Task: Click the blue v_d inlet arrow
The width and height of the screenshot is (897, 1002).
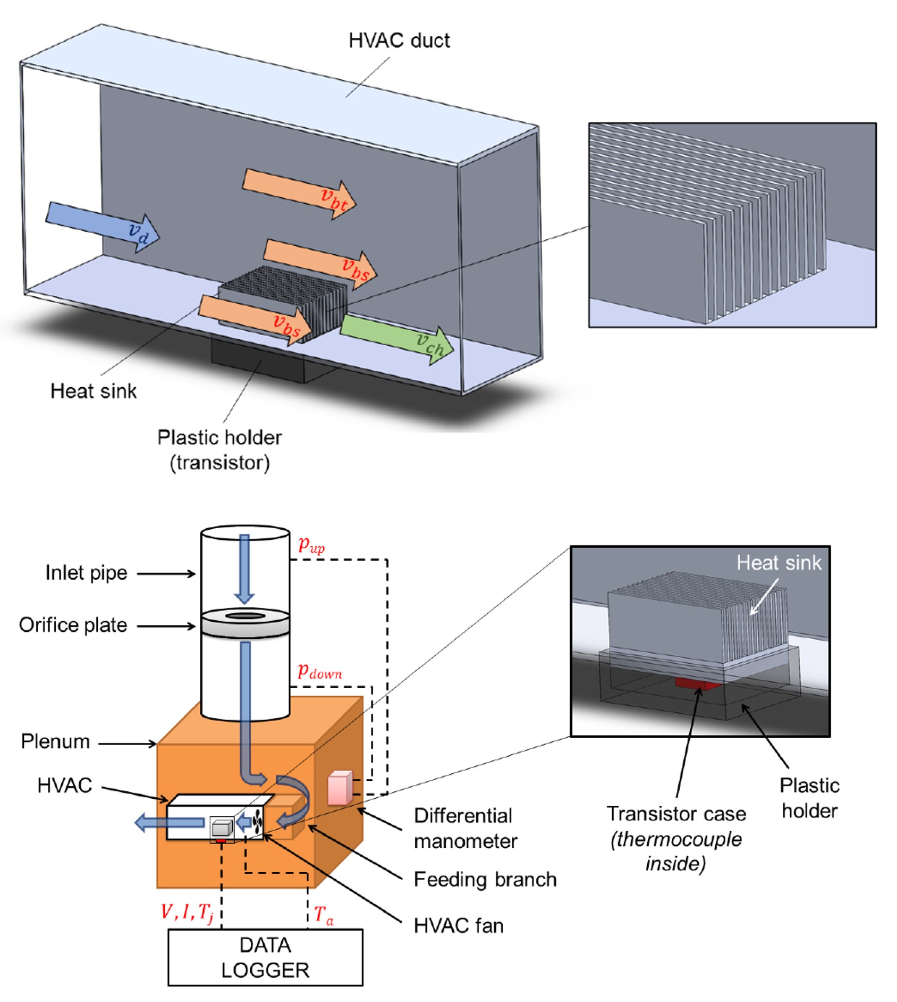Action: coord(101,226)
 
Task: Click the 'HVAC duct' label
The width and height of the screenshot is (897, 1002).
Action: coord(399,40)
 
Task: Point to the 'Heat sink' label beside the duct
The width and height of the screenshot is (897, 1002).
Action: coord(94,391)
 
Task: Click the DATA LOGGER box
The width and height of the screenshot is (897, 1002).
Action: coord(265,957)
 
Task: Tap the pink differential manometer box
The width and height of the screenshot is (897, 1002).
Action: coord(340,787)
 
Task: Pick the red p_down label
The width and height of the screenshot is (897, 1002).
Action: coord(319,671)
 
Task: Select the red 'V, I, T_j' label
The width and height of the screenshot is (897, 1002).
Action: coord(187,912)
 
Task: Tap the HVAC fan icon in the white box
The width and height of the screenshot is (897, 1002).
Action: coord(258,823)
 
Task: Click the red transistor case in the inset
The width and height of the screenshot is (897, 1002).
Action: coord(697,683)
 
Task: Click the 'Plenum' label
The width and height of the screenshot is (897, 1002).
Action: coord(55,741)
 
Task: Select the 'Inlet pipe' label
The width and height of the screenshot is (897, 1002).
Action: coord(86,573)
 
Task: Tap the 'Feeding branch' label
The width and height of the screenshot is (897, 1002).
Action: coord(485,879)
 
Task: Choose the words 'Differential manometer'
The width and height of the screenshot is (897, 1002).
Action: coord(465,828)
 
